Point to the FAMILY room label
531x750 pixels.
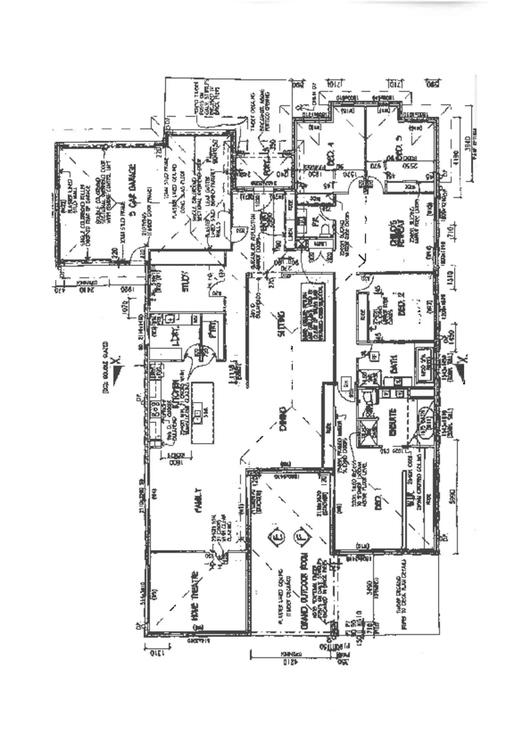coord(198,500)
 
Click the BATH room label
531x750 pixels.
coord(393,363)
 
